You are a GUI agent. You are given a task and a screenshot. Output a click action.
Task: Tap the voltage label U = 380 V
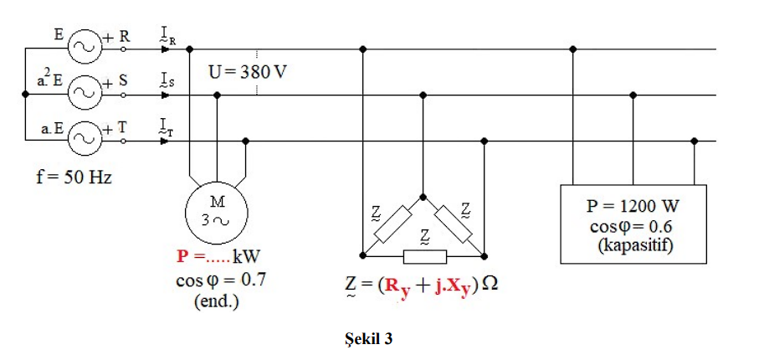(x=249, y=71)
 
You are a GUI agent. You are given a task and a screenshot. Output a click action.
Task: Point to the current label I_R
(x=167, y=35)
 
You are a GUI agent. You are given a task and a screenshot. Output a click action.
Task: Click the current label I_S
(x=167, y=81)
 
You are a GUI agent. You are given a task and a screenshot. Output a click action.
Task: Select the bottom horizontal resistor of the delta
(x=424, y=255)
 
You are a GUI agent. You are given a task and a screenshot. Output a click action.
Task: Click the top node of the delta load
(x=423, y=198)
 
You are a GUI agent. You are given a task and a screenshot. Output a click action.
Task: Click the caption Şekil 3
(x=368, y=339)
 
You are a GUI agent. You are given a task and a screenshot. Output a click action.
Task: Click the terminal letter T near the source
(x=121, y=128)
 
